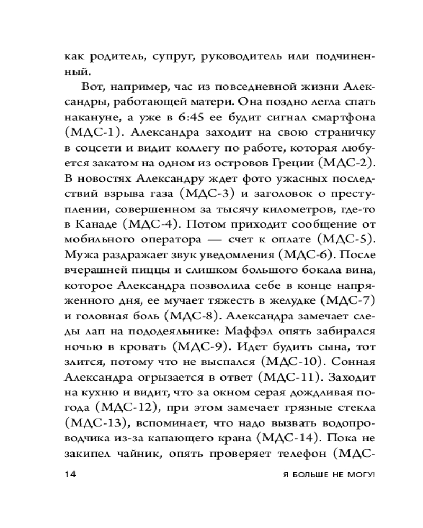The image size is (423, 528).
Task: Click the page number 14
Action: [x=70, y=475]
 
